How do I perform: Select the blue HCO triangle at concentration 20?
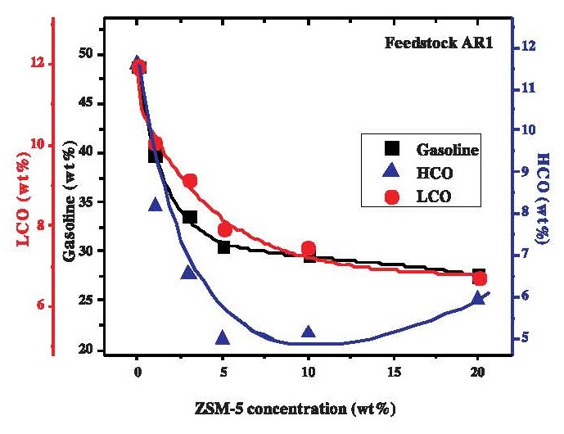click(x=479, y=298)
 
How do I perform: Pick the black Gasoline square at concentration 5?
click(x=223, y=247)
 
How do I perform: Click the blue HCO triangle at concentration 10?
click(x=309, y=332)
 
